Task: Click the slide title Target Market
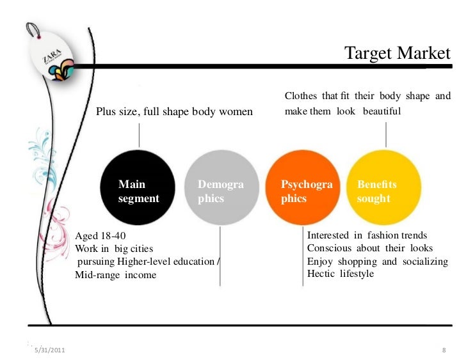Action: click(x=398, y=54)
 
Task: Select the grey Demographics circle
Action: click(x=220, y=190)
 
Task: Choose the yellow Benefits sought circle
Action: click(x=384, y=190)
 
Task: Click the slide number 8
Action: click(x=444, y=351)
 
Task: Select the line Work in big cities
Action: click(x=114, y=249)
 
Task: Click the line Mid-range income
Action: click(x=115, y=275)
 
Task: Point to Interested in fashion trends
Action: click(x=367, y=235)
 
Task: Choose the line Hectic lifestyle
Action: click(x=341, y=274)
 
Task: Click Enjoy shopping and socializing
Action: click(x=377, y=261)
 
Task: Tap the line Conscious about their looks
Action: click(x=370, y=248)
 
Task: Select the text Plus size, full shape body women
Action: click(x=174, y=113)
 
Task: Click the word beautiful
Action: click(x=382, y=111)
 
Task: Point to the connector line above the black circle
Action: click(x=140, y=135)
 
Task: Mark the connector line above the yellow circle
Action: click(x=385, y=134)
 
